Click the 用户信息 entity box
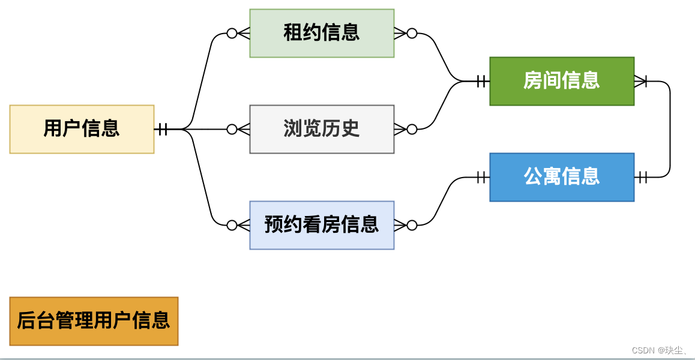click(x=82, y=129)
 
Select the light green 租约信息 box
click(x=322, y=33)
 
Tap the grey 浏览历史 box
click(x=322, y=129)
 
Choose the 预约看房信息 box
click(x=322, y=225)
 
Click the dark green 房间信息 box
click(x=562, y=81)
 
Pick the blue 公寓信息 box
click(x=562, y=177)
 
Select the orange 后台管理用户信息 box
click(x=94, y=321)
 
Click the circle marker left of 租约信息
click(x=232, y=33)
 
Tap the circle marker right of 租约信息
click(x=412, y=33)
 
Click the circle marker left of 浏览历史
click(x=232, y=129)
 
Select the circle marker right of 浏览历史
click(x=412, y=129)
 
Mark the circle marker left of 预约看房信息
click(x=232, y=225)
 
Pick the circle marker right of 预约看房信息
click(x=412, y=225)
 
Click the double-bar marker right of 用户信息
click(x=163, y=129)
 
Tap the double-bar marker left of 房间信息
click(x=481, y=81)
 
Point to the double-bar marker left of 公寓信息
click(x=481, y=177)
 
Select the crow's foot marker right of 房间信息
click(x=640, y=81)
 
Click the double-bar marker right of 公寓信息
click(x=643, y=177)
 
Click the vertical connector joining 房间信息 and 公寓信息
click(x=670, y=129)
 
